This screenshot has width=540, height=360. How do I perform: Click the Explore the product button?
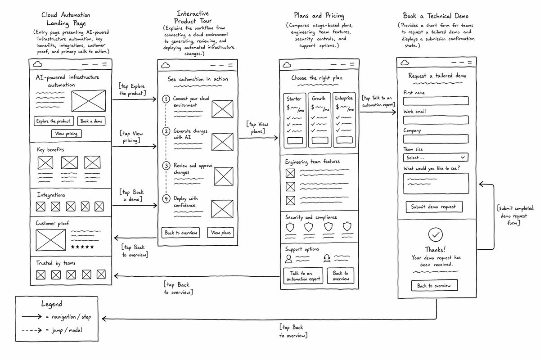click(x=54, y=121)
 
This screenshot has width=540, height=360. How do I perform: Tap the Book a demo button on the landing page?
click(x=91, y=121)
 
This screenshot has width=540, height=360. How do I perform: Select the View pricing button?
click(x=66, y=134)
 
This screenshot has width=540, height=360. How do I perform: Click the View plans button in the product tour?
click(x=220, y=233)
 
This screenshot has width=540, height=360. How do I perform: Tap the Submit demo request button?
click(x=434, y=207)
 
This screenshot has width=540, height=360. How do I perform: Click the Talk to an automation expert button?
click(x=303, y=276)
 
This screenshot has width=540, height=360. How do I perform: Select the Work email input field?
click(x=436, y=120)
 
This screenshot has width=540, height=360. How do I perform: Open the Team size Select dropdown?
click(x=436, y=157)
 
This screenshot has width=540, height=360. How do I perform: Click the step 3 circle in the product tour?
click(x=166, y=166)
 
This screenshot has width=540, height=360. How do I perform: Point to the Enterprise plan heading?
click(x=344, y=98)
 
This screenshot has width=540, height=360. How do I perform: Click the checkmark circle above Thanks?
click(x=436, y=234)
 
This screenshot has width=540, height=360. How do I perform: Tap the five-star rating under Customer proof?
click(x=82, y=247)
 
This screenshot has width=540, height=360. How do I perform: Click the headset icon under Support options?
click(x=327, y=258)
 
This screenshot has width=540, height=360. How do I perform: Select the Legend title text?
click(x=52, y=304)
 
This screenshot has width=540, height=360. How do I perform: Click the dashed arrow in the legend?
click(x=31, y=330)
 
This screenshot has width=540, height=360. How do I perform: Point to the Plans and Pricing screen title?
click(x=319, y=16)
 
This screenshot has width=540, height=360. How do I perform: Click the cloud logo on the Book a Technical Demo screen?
click(x=405, y=63)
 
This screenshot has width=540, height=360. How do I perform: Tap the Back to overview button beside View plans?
click(x=181, y=233)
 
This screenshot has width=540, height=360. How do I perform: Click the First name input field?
click(x=436, y=101)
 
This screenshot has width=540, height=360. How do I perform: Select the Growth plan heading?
click(x=319, y=99)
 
